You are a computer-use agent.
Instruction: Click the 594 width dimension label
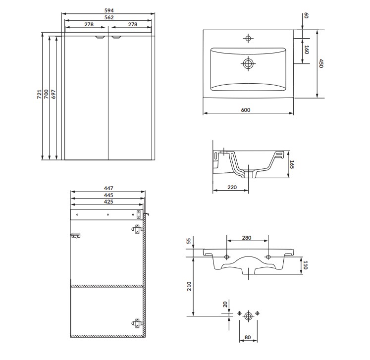[109, 10]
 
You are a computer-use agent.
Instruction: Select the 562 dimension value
[109, 17]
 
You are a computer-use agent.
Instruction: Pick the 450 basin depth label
[320, 63]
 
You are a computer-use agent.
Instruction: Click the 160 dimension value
[306, 50]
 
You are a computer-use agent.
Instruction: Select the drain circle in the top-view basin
[248, 63]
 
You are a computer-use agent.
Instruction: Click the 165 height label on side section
[292, 164]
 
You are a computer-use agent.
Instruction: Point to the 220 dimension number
[231, 188]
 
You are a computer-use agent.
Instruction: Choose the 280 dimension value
[246, 238]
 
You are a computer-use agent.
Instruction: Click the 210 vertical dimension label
[189, 287]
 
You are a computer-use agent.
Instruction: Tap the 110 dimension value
[306, 265]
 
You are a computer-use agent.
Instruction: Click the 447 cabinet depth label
[108, 188]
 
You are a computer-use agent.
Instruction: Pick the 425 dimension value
[108, 202]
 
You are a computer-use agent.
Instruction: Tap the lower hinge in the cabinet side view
[137, 323]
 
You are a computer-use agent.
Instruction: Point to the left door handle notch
[100, 37]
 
